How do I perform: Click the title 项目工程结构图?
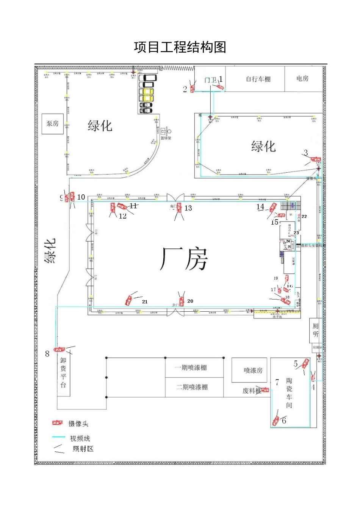tap(180, 47)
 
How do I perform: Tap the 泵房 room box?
tap(53, 124)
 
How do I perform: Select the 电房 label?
tap(302, 78)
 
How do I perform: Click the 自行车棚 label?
tap(258, 79)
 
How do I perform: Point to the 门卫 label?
tap(210, 80)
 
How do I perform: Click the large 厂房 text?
tap(184, 259)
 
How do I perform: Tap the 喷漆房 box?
tap(253, 370)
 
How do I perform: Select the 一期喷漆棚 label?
tap(191, 368)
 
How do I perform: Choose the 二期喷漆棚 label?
tap(192, 387)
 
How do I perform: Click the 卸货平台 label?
tap(63, 373)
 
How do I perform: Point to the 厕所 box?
tap(315, 330)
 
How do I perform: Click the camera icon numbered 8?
tap(59, 350)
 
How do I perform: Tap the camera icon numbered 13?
tap(179, 208)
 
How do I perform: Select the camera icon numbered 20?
tap(182, 301)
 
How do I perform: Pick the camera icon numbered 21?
tap(129, 300)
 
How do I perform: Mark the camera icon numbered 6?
tap(276, 420)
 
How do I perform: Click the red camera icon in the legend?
tap(58, 423)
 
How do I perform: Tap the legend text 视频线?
tap(80, 438)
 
